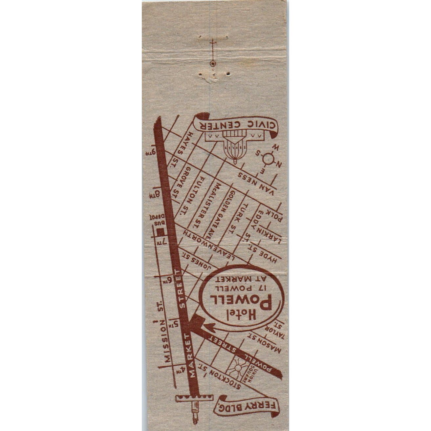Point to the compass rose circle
268,159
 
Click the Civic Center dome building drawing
235,148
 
